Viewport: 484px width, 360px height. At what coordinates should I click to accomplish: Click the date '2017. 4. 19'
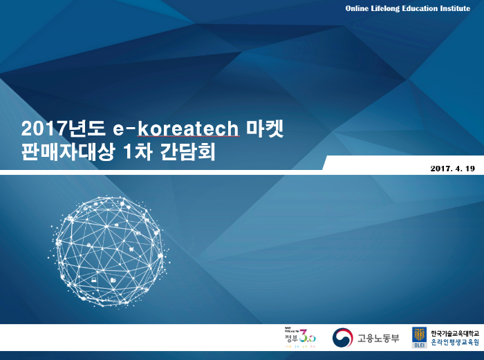click(x=452, y=169)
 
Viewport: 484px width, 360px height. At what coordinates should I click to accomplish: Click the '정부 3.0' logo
click(x=299, y=337)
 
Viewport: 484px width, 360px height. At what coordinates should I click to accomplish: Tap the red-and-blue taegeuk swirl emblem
click(x=343, y=338)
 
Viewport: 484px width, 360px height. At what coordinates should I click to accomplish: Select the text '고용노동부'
click(x=378, y=339)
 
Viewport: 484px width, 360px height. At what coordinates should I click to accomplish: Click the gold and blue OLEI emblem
click(x=419, y=335)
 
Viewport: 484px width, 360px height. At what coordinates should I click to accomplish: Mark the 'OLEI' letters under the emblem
click(x=419, y=345)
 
